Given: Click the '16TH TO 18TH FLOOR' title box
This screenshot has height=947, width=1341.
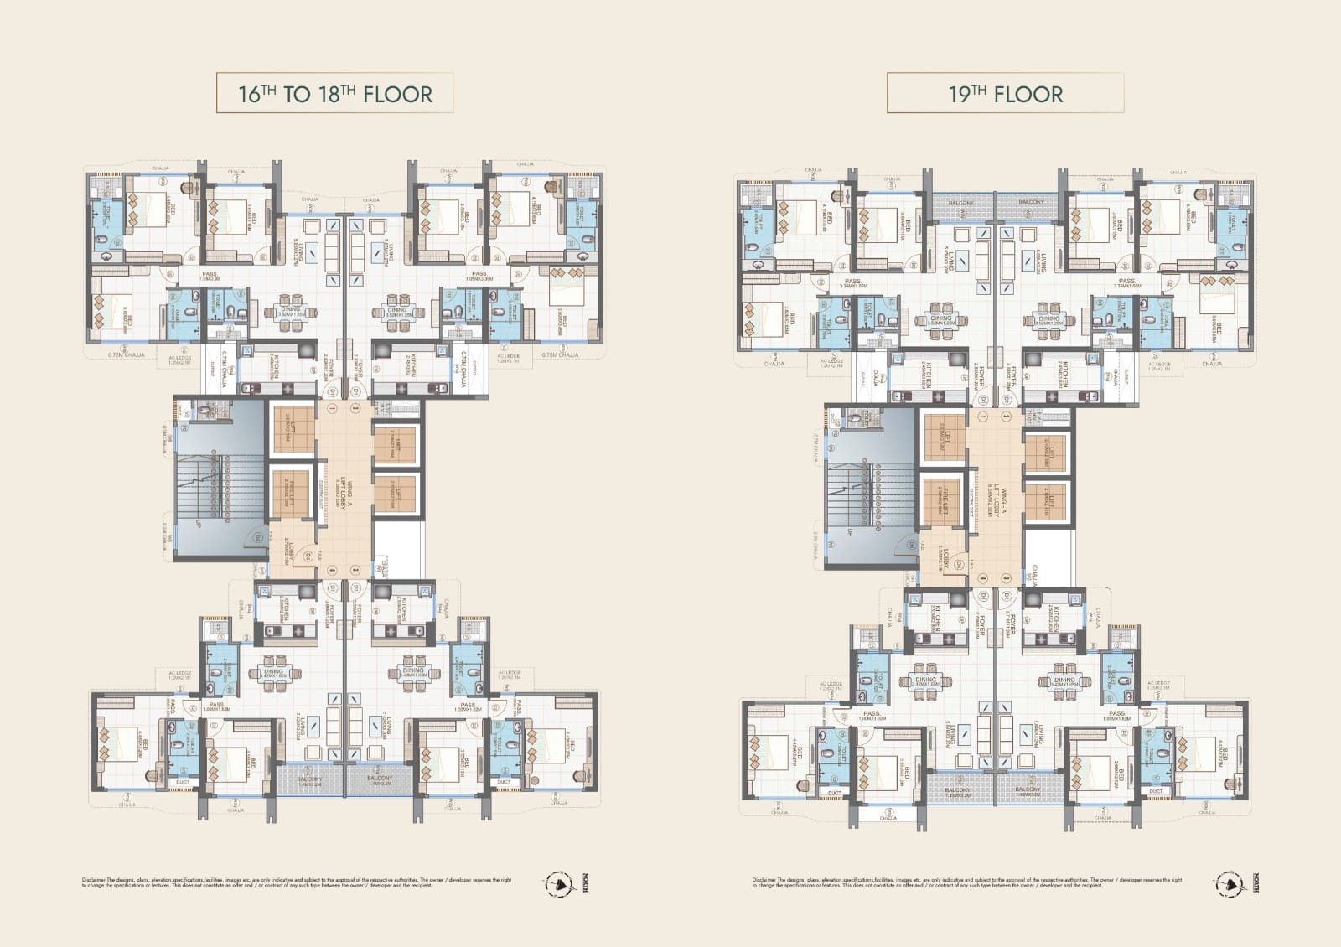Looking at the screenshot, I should pos(335,93).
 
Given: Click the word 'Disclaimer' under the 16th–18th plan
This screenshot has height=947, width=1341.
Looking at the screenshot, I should pos(94,880).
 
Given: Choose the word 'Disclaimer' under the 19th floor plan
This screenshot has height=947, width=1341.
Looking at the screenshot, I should pos(764,880).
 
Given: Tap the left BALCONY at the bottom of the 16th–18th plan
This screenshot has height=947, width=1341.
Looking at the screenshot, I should pos(310,779).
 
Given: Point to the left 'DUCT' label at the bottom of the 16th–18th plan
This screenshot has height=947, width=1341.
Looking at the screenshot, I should pos(183,782).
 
